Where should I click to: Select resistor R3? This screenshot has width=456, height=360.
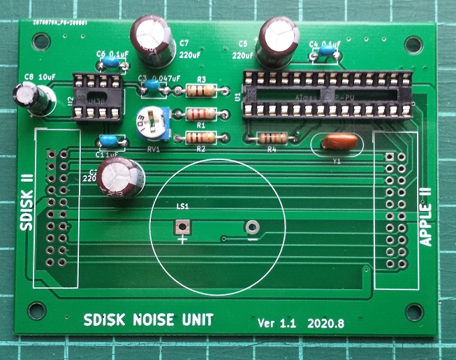202,90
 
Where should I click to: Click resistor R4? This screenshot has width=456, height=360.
272,138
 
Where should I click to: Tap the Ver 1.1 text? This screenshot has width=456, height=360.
277,324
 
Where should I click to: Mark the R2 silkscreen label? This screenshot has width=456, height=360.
200,149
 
